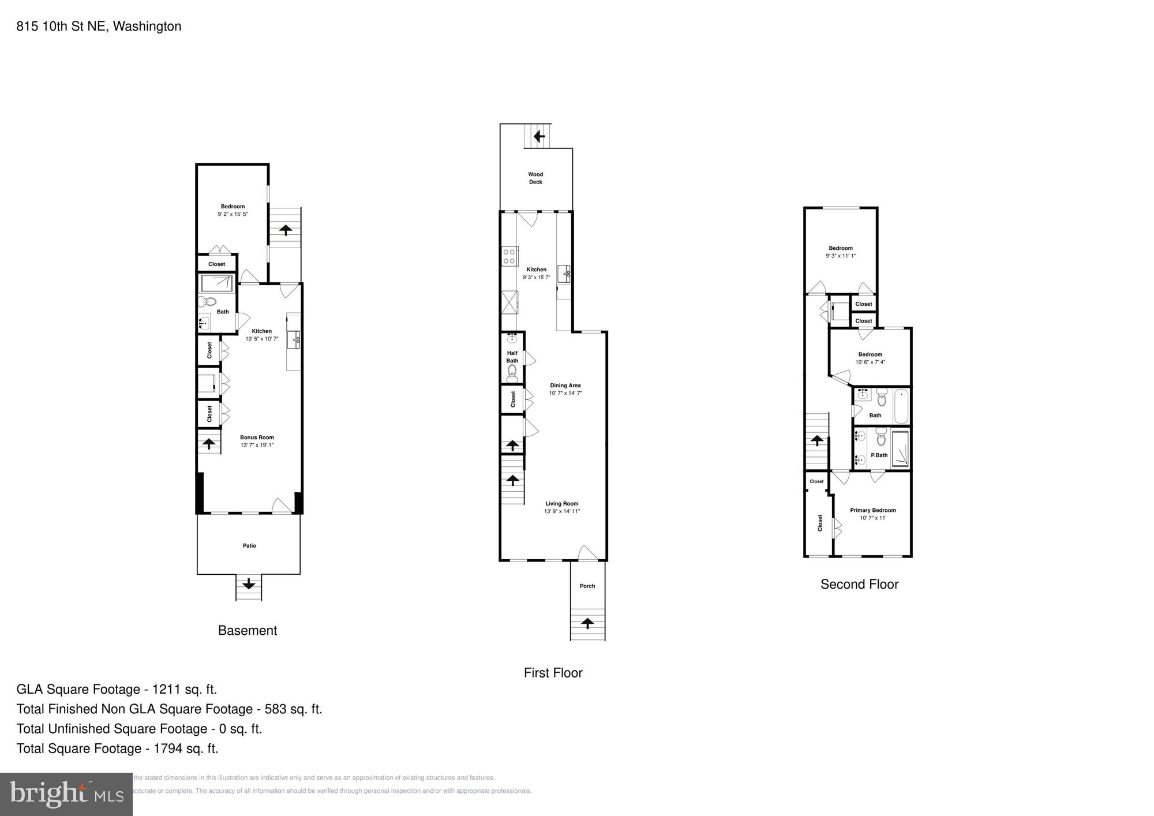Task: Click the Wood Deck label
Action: pos(535,178)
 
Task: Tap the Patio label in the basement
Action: pos(249,545)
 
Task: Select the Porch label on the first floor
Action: pos(587,586)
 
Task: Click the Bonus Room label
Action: pos(257,437)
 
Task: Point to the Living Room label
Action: pos(561,504)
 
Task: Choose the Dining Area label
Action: pos(565,385)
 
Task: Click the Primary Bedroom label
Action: pos(872,510)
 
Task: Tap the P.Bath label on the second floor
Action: pos(879,455)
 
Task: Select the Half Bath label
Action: pos(512,357)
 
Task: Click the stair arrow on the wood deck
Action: pos(539,137)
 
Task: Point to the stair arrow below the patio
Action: pos(249,584)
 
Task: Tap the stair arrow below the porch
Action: pos(587,623)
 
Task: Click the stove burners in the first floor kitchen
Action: pos(509,256)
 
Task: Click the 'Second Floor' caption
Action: pos(859,584)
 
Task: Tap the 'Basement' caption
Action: pos(248,630)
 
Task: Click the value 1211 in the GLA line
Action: pos(167,689)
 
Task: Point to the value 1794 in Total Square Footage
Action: pos(168,748)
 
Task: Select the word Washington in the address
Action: pos(147,26)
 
